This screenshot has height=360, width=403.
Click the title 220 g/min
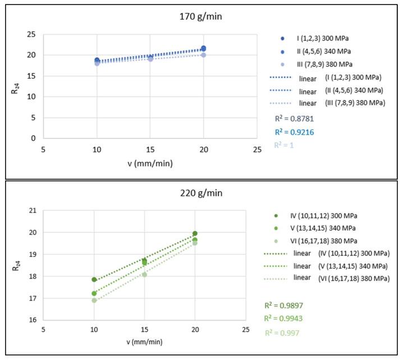(x=201, y=193)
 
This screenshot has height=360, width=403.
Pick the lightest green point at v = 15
(x=145, y=275)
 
